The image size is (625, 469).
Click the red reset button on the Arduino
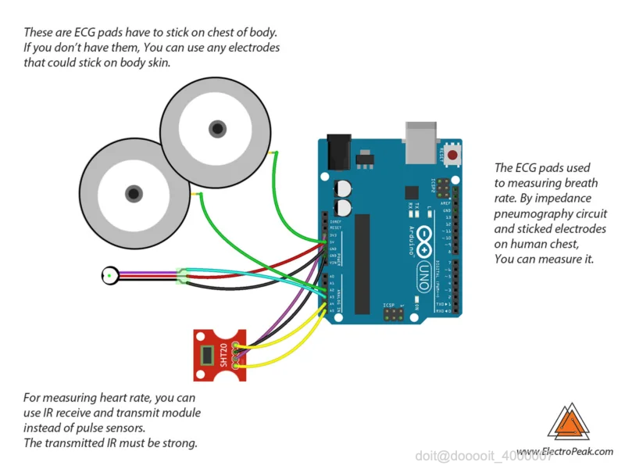pos(452,156)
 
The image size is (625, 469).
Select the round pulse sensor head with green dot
pos(111,274)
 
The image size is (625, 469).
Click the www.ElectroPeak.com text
pos(565,452)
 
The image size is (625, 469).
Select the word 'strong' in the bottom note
pos(180,443)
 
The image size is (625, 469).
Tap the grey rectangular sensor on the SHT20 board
pos(206,356)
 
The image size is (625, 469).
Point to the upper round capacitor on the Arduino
pos(342,188)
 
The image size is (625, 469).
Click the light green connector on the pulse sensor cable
pos(184,275)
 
